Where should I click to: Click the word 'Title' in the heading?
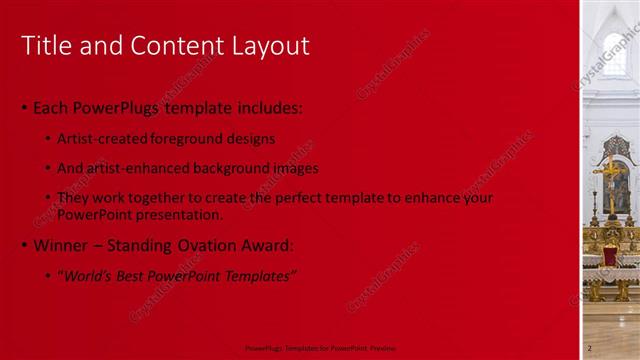45,45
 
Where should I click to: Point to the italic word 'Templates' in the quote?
259,275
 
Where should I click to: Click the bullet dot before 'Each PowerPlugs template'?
24,108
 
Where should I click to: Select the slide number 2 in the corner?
589,347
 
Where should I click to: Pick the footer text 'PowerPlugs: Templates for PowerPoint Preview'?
315,348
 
